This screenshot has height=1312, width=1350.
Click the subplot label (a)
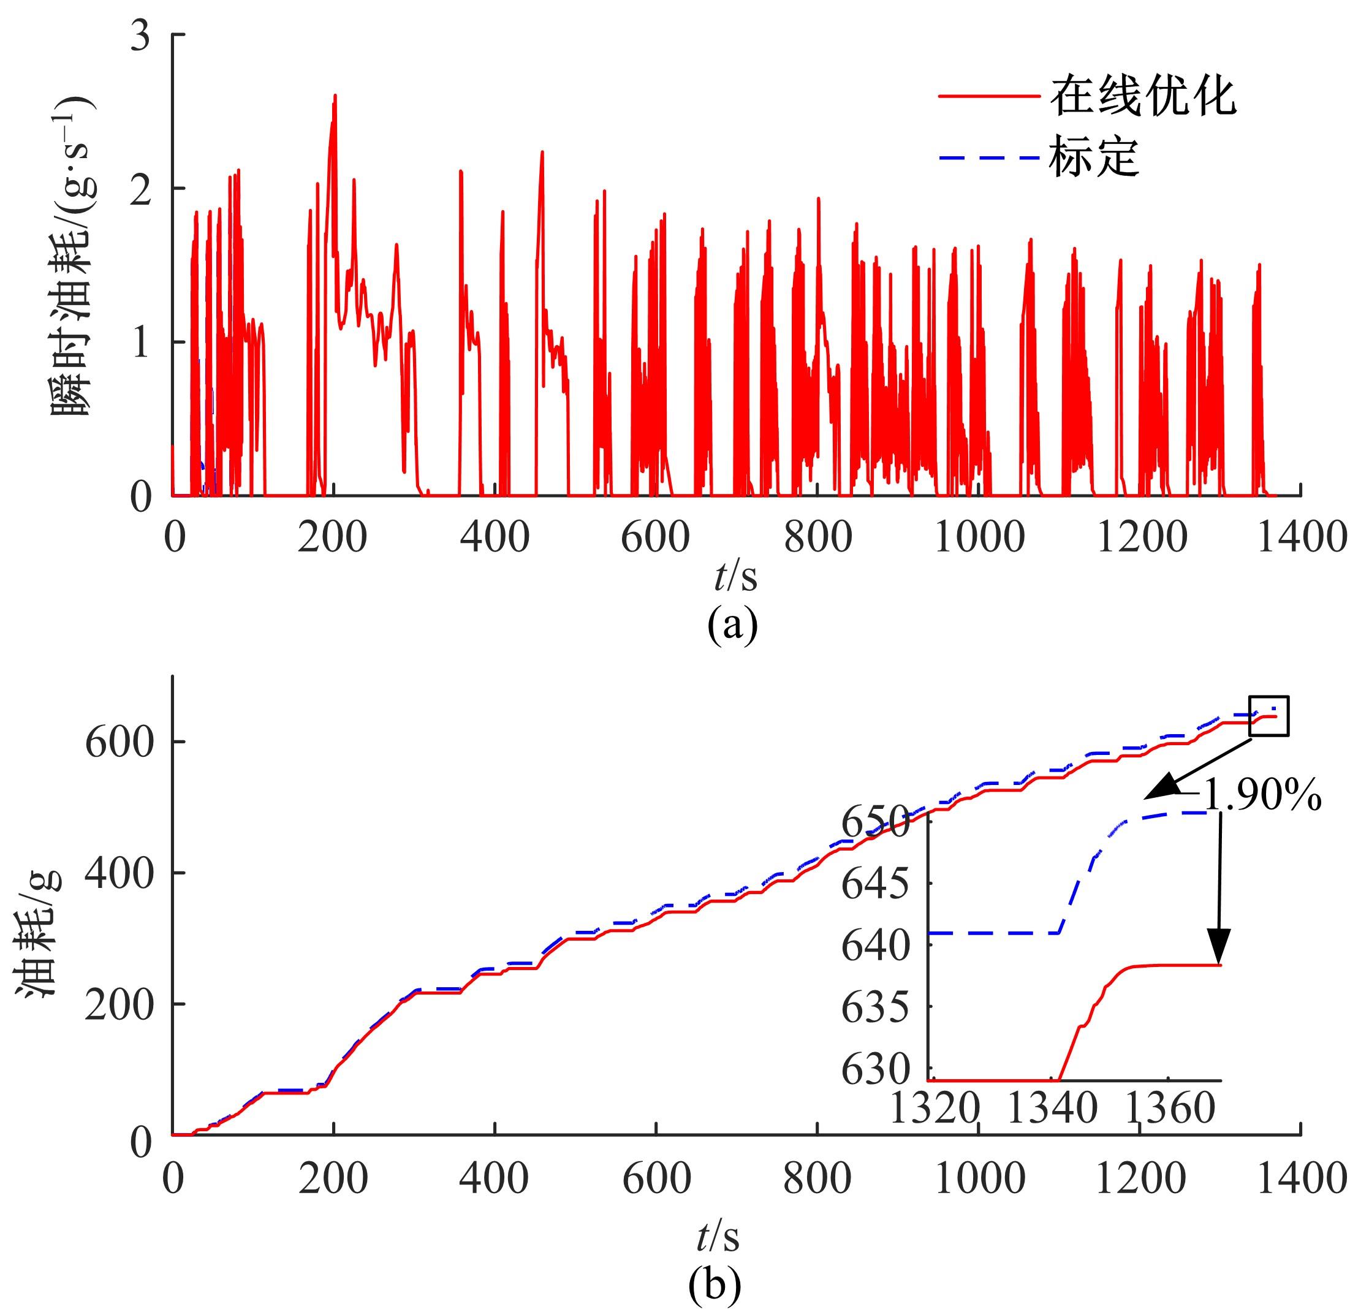pyautogui.click(x=732, y=624)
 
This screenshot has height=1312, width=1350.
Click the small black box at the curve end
pyautogui.click(x=1268, y=716)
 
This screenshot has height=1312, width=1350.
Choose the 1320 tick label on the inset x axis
pyautogui.click(x=934, y=1109)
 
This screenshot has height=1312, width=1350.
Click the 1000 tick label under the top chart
pyautogui.click(x=979, y=537)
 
